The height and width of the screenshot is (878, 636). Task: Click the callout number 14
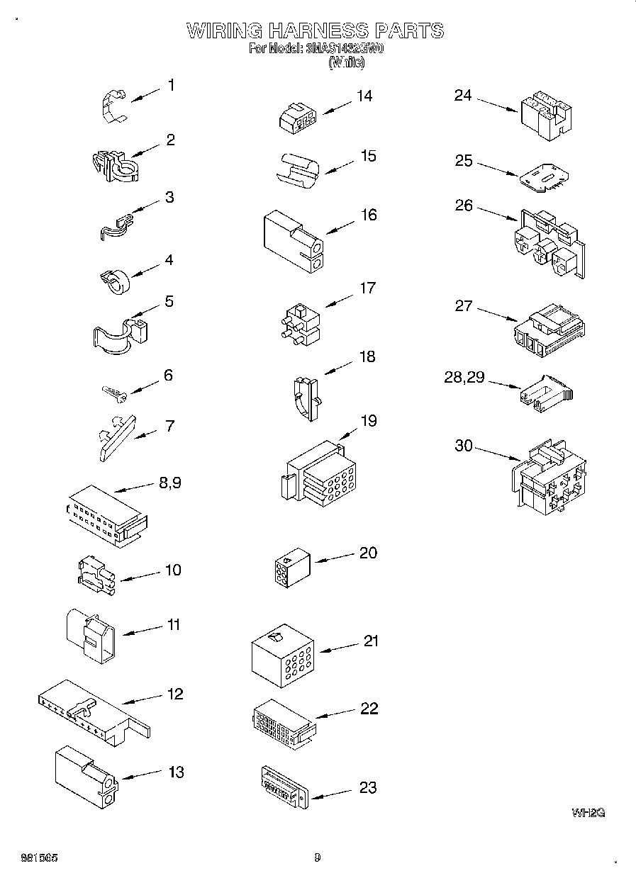[x=364, y=96]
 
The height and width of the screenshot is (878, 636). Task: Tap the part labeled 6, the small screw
[x=114, y=390]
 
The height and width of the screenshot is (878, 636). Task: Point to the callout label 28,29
[x=464, y=378]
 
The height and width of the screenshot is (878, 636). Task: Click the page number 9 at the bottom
[x=317, y=858]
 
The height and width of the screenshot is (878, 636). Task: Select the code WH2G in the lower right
[x=588, y=813]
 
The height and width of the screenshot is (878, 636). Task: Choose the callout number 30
[x=463, y=446]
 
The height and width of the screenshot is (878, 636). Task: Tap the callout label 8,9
[x=170, y=483]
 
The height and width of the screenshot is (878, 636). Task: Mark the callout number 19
[x=368, y=421]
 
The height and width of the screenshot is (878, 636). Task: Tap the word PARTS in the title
[x=409, y=31]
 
